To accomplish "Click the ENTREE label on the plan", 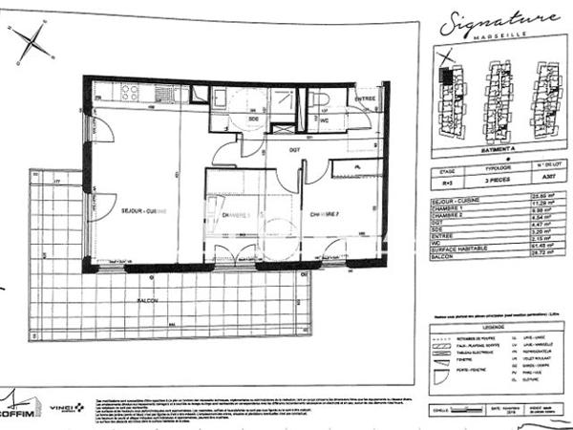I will [x=366, y=98].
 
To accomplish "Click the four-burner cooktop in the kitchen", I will [x=130, y=93].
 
